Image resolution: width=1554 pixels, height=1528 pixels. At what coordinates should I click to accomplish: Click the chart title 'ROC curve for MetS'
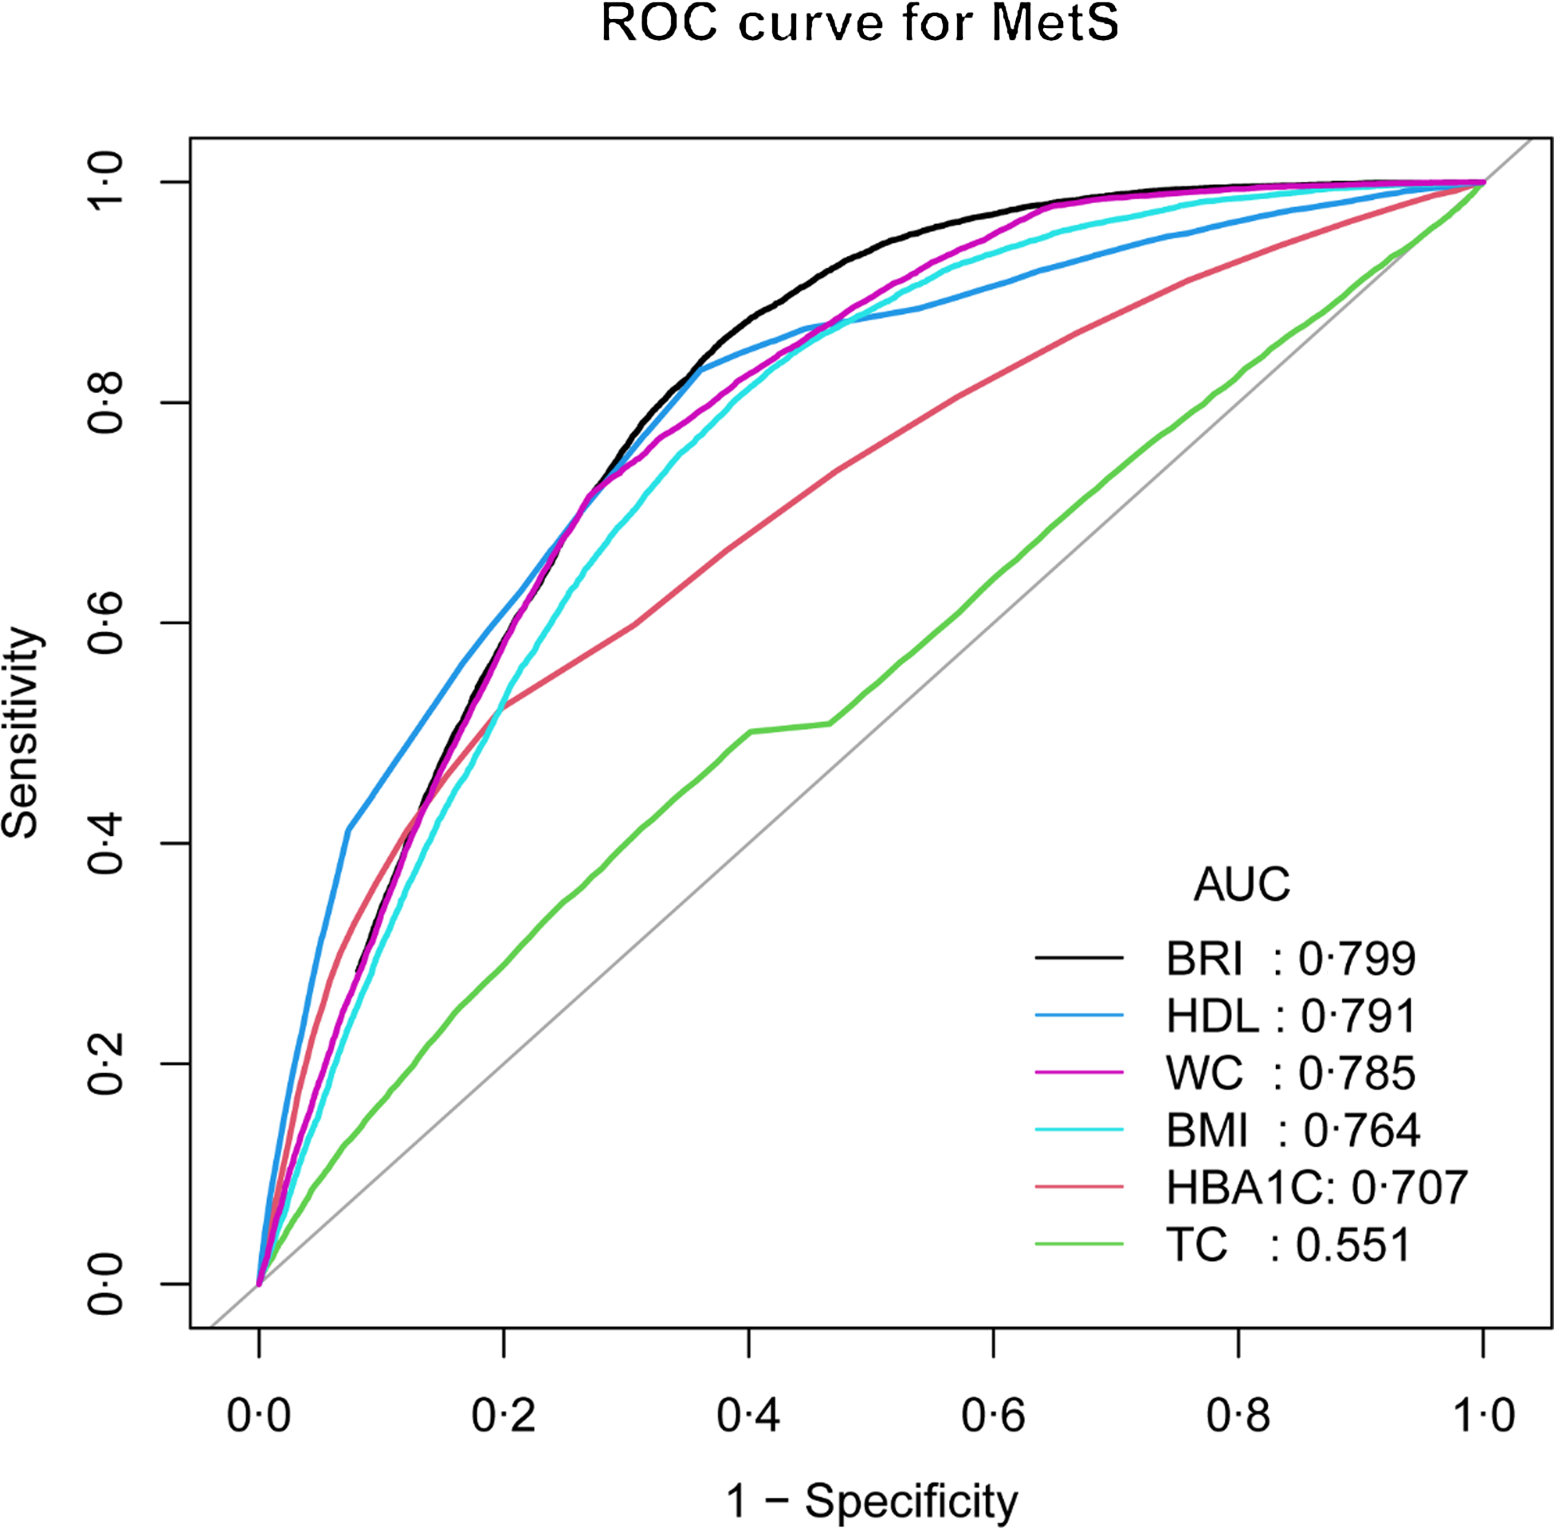tap(858, 26)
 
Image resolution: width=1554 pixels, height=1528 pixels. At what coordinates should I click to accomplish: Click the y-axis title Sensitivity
tap(22, 733)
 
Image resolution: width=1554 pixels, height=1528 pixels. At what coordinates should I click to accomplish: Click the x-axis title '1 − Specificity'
tap(871, 1499)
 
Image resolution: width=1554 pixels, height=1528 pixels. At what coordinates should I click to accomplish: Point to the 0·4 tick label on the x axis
tap(748, 1416)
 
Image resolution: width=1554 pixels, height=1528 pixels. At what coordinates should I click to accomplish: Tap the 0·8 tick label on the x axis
tap(1238, 1416)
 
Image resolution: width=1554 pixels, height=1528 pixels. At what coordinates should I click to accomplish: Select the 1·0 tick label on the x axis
tap(1483, 1416)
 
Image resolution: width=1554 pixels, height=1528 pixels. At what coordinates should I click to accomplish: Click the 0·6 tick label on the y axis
tap(106, 623)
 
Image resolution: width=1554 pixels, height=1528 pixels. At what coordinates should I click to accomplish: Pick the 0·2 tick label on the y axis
tap(106, 1064)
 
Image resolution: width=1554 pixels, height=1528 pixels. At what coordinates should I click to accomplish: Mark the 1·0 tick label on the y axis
tap(106, 183)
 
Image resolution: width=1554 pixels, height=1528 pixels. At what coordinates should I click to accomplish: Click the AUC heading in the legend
tap(1241, 885)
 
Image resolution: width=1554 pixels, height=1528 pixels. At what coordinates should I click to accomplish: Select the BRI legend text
tap(1203, 958)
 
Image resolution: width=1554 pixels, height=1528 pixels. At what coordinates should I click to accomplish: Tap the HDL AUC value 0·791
tap(1358, 1016)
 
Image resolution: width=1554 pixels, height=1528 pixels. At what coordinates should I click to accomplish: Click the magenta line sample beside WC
tap(1078, 1073)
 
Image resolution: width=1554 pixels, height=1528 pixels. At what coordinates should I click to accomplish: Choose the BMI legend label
tap(1207, 1131)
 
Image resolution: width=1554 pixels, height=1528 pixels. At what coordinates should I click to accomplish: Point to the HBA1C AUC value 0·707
tap(1410, 1188)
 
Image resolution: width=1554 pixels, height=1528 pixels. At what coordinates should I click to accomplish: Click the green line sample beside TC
tap(1078, 1245)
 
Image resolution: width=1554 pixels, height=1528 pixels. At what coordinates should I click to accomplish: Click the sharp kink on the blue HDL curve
tap(348, 829)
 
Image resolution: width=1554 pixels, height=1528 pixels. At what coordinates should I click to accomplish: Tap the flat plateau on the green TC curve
tap(791, 727)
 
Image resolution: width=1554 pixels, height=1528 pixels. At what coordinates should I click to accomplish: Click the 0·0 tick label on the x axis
tap(258, 1416)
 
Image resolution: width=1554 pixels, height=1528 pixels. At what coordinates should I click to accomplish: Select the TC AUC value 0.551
tap(1352, 1245)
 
